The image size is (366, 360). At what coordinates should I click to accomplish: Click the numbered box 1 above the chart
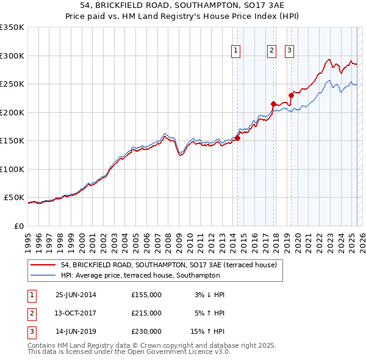tap(235, 51)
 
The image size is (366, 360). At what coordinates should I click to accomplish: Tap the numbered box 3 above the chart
tap(289, 51)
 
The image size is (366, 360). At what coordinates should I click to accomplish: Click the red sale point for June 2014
tap(238, 138)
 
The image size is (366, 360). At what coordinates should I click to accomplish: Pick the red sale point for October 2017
tap(273, 104)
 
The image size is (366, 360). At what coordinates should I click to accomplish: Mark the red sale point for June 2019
tap(292, 95)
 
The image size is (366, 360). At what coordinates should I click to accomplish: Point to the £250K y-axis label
tap(12, 84)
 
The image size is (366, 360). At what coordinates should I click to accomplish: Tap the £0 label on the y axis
tap(19, 226)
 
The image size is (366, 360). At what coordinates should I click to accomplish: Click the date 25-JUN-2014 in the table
tap(76, 295)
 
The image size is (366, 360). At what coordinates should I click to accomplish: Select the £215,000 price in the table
tap(146, 314)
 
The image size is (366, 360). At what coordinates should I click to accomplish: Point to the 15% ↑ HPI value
tap(207, 333)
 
